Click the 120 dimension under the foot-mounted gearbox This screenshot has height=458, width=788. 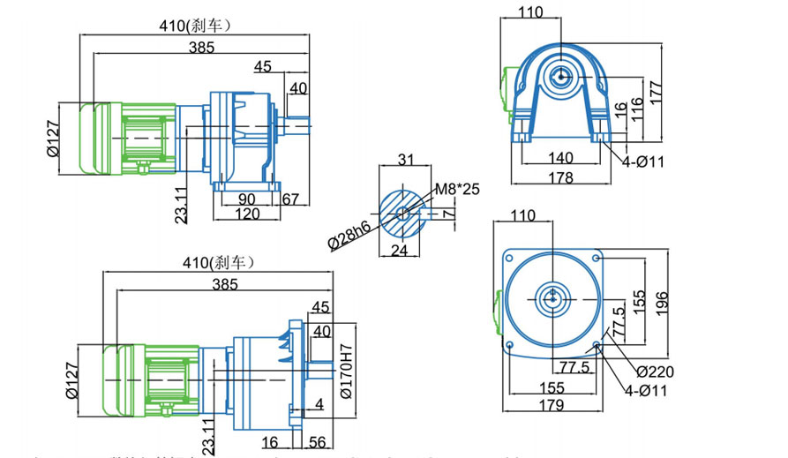click(247, 214)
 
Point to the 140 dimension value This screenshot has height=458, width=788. click(560, 158)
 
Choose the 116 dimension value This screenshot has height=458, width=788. click(639, 111)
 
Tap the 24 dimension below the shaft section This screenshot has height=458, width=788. click(401, 251)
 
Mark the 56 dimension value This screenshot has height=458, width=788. click(319, 443)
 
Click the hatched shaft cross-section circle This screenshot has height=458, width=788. click(402, 213)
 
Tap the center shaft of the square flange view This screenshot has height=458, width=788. click(552, 297)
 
